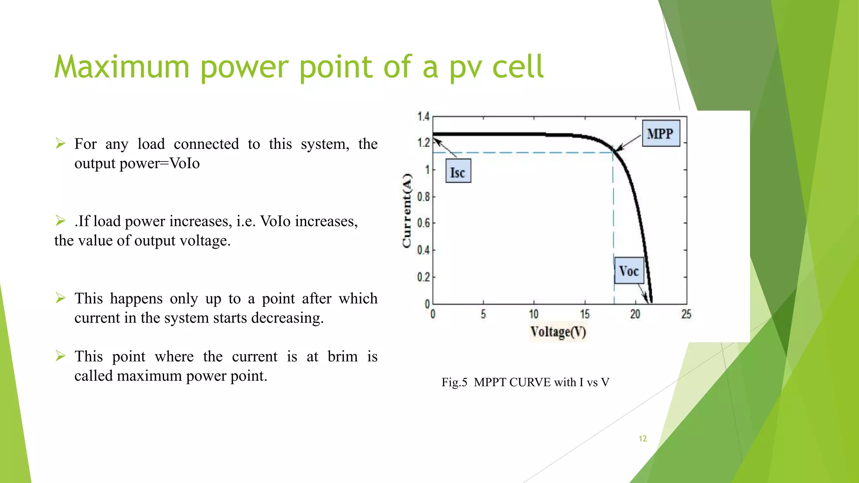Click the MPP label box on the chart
(661, 133)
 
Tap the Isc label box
(458, 171)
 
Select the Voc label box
(629, 270)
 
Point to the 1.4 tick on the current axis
(424, 116)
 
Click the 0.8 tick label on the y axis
(424, 196)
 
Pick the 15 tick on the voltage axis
(585, 314)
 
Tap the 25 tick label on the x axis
(686, 314)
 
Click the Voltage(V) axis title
(558, 332)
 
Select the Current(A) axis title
(407, 210)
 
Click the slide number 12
(643, 439)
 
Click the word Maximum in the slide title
(122, 67)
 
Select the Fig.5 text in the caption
(454, 382)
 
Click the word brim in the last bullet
(342, 356)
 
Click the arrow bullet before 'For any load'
(60, 144)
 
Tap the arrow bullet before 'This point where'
(60, 356)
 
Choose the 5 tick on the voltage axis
(483, 314)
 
